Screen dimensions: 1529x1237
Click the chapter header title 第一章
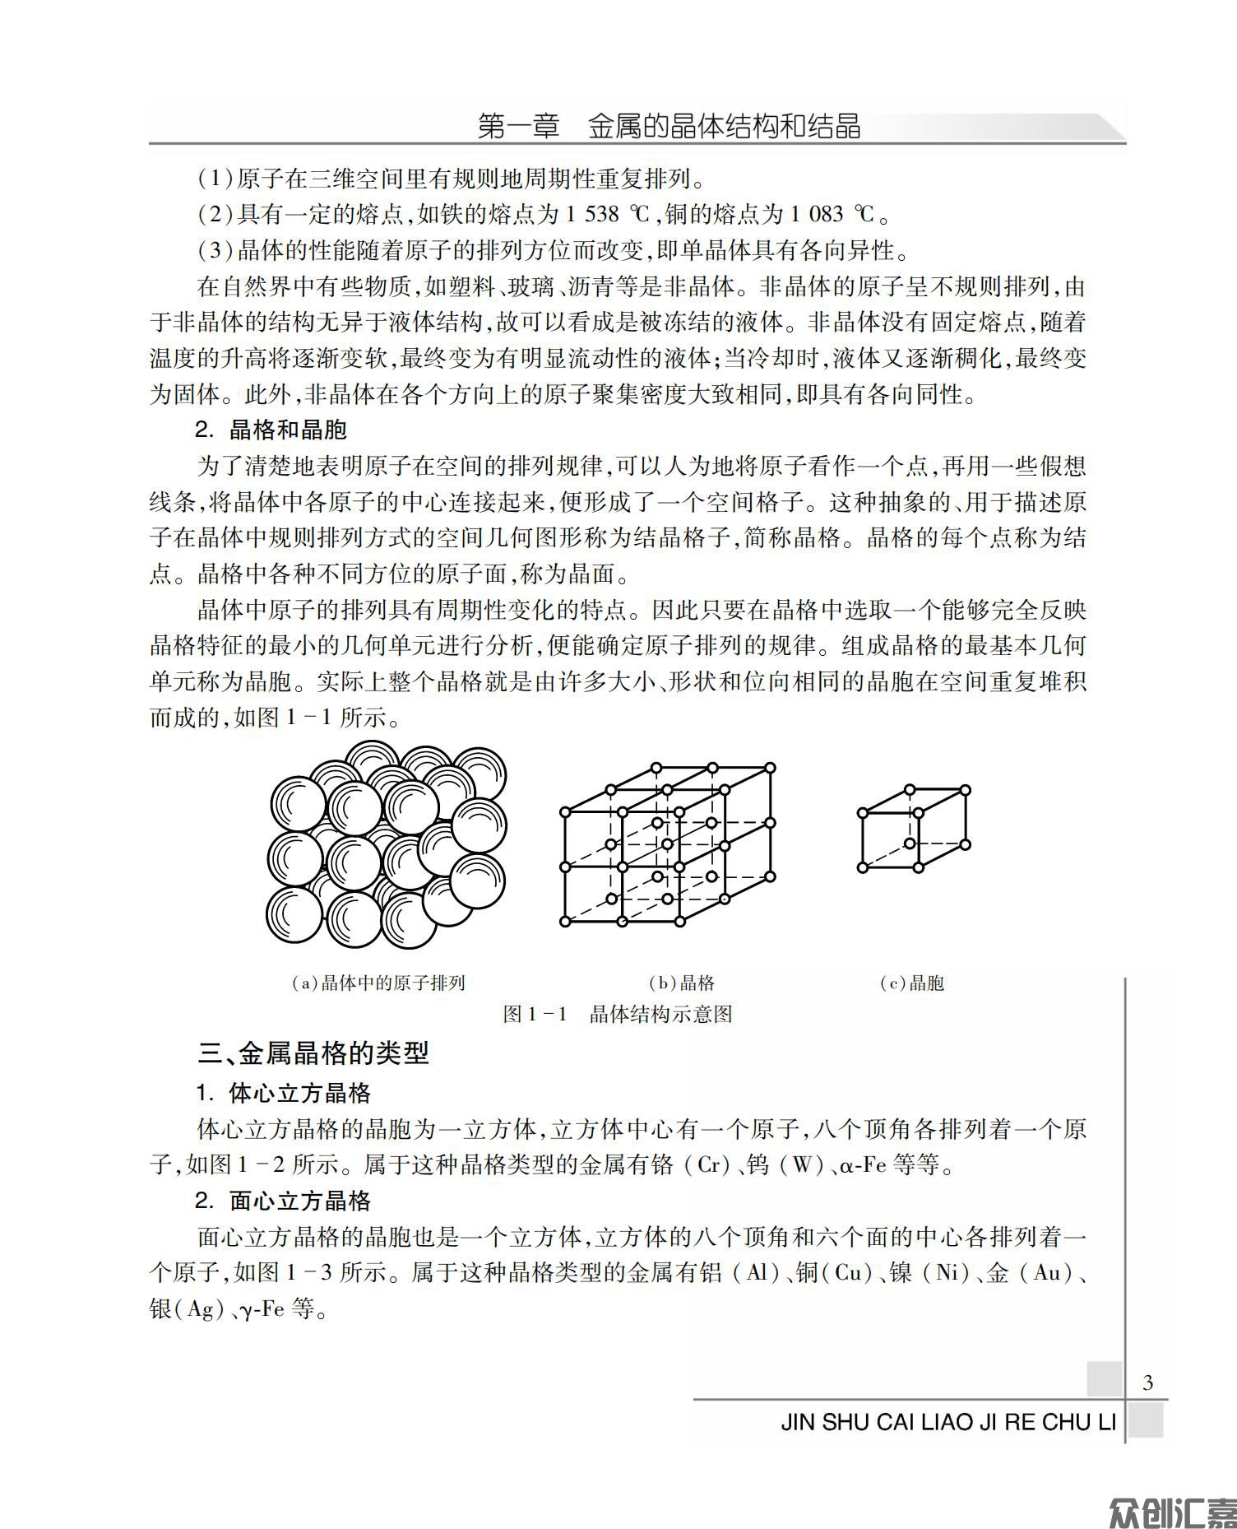point(518,127)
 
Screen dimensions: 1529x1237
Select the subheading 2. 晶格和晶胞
point(271,430)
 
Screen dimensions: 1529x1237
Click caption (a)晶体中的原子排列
point(379,983)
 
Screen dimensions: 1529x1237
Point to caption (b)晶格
point(682,983)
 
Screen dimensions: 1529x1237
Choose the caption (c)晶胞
point(911,983)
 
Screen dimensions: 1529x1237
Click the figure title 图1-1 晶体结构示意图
point(618,1014)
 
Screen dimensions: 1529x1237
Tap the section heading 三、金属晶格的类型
point(313,1053)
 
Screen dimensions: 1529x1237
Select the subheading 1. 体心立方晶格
point(284,1093)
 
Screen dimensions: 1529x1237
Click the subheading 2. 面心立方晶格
point(284,1201)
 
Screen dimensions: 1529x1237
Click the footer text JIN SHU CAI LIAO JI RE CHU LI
point(948,1422)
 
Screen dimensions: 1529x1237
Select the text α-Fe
point(864,1165)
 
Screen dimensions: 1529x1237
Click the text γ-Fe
point(262,1308)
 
